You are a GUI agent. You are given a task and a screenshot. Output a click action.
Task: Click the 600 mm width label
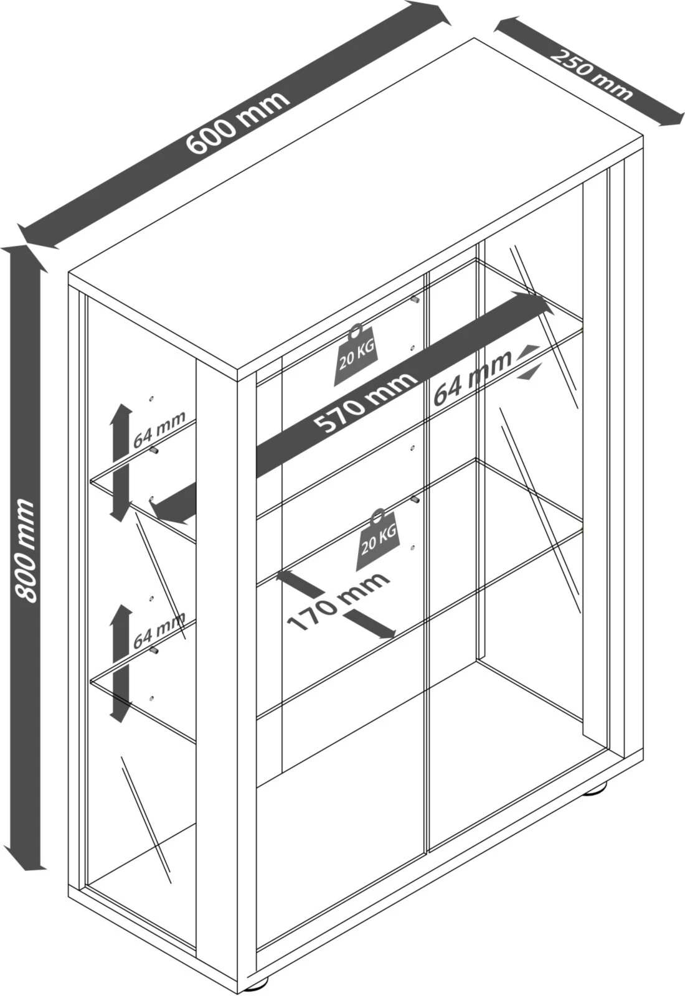[239, 124]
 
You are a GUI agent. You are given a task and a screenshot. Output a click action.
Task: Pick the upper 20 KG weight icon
[356, 355]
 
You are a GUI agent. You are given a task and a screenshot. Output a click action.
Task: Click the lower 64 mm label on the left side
[159, 629]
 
